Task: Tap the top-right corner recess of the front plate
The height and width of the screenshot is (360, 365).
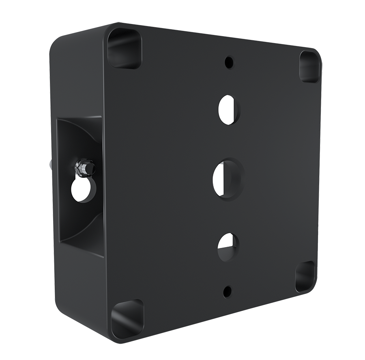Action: [x=310, y=67]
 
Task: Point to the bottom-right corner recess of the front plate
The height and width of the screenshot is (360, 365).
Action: [x=305, y=276]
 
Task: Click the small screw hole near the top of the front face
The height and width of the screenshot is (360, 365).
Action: [x=229, y=62]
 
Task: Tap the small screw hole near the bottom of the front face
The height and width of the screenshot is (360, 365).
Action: [x=228, y=291]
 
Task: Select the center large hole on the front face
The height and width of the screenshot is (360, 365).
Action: [x=227, y=179]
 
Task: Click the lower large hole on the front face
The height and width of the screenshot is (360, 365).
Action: [x=228, y=247]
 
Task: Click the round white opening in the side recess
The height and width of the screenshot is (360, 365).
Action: [x=82, y=190]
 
